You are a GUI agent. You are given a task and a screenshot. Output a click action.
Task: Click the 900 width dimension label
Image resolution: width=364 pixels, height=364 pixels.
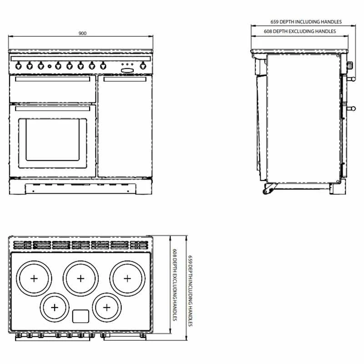tap(82, 33)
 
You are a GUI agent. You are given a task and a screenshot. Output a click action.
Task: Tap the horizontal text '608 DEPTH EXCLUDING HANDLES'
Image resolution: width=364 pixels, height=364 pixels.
tap(300, 31)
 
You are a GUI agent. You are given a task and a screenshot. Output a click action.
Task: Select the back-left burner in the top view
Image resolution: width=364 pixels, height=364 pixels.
tap(34, 278)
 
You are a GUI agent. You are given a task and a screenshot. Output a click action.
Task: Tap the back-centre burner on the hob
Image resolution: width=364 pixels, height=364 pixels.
tap(81, 278)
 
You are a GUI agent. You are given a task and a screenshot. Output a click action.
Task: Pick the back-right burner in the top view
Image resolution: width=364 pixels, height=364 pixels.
tap(127, 278)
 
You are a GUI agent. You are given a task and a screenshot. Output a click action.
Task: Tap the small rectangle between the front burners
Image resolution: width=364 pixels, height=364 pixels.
tap(81, 315)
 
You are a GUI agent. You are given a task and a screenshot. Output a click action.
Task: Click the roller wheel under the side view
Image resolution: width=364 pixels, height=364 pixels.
tap(265, 192)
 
